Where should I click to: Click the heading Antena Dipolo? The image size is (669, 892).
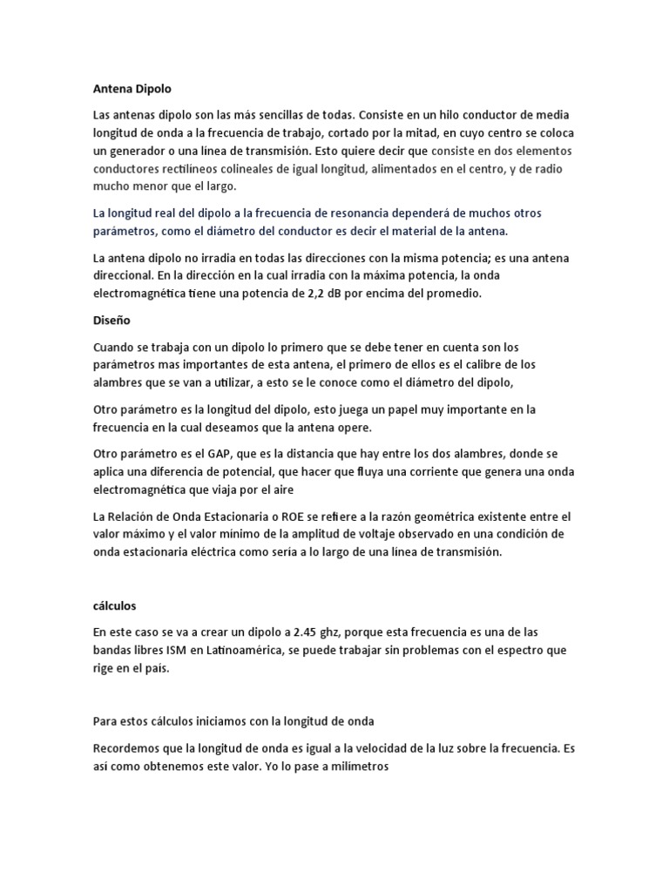(x=132, y=88)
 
